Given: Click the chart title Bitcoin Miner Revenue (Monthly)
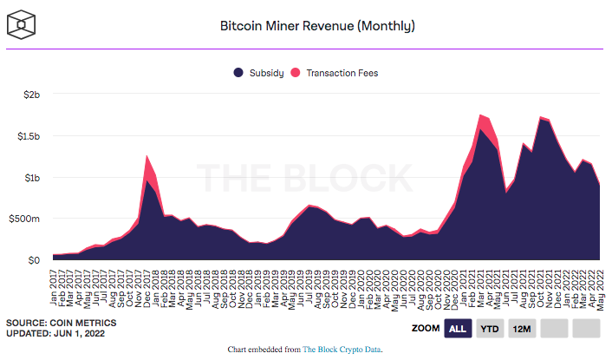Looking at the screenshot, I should pyautogui.click(x=317, y=26).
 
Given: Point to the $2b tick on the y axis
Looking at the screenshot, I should pyautogui.click(x=30, y=95).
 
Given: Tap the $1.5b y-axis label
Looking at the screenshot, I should pyautogui.click(x=27, y=136).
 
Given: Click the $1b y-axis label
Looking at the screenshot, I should pyautogui.click(x=30, y=178).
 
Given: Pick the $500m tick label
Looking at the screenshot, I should pyautogui.click(x=24, y=219).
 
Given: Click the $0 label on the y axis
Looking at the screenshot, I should pyautogui.click(x=33, y=260).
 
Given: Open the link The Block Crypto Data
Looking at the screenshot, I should pyautogui.click(x=342, y=350).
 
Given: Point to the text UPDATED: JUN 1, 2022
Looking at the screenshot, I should pyautogui.click(x=59, y=334).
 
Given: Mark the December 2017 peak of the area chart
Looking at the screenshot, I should pyautogui.click(x=147, y=157).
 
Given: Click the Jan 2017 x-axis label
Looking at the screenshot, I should pyautogui.click(x=55, y=283).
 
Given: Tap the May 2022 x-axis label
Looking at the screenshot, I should pyautogui.click(x=598, y=283).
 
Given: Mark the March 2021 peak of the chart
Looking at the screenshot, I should pyautogui.click(x=480, y=115).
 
